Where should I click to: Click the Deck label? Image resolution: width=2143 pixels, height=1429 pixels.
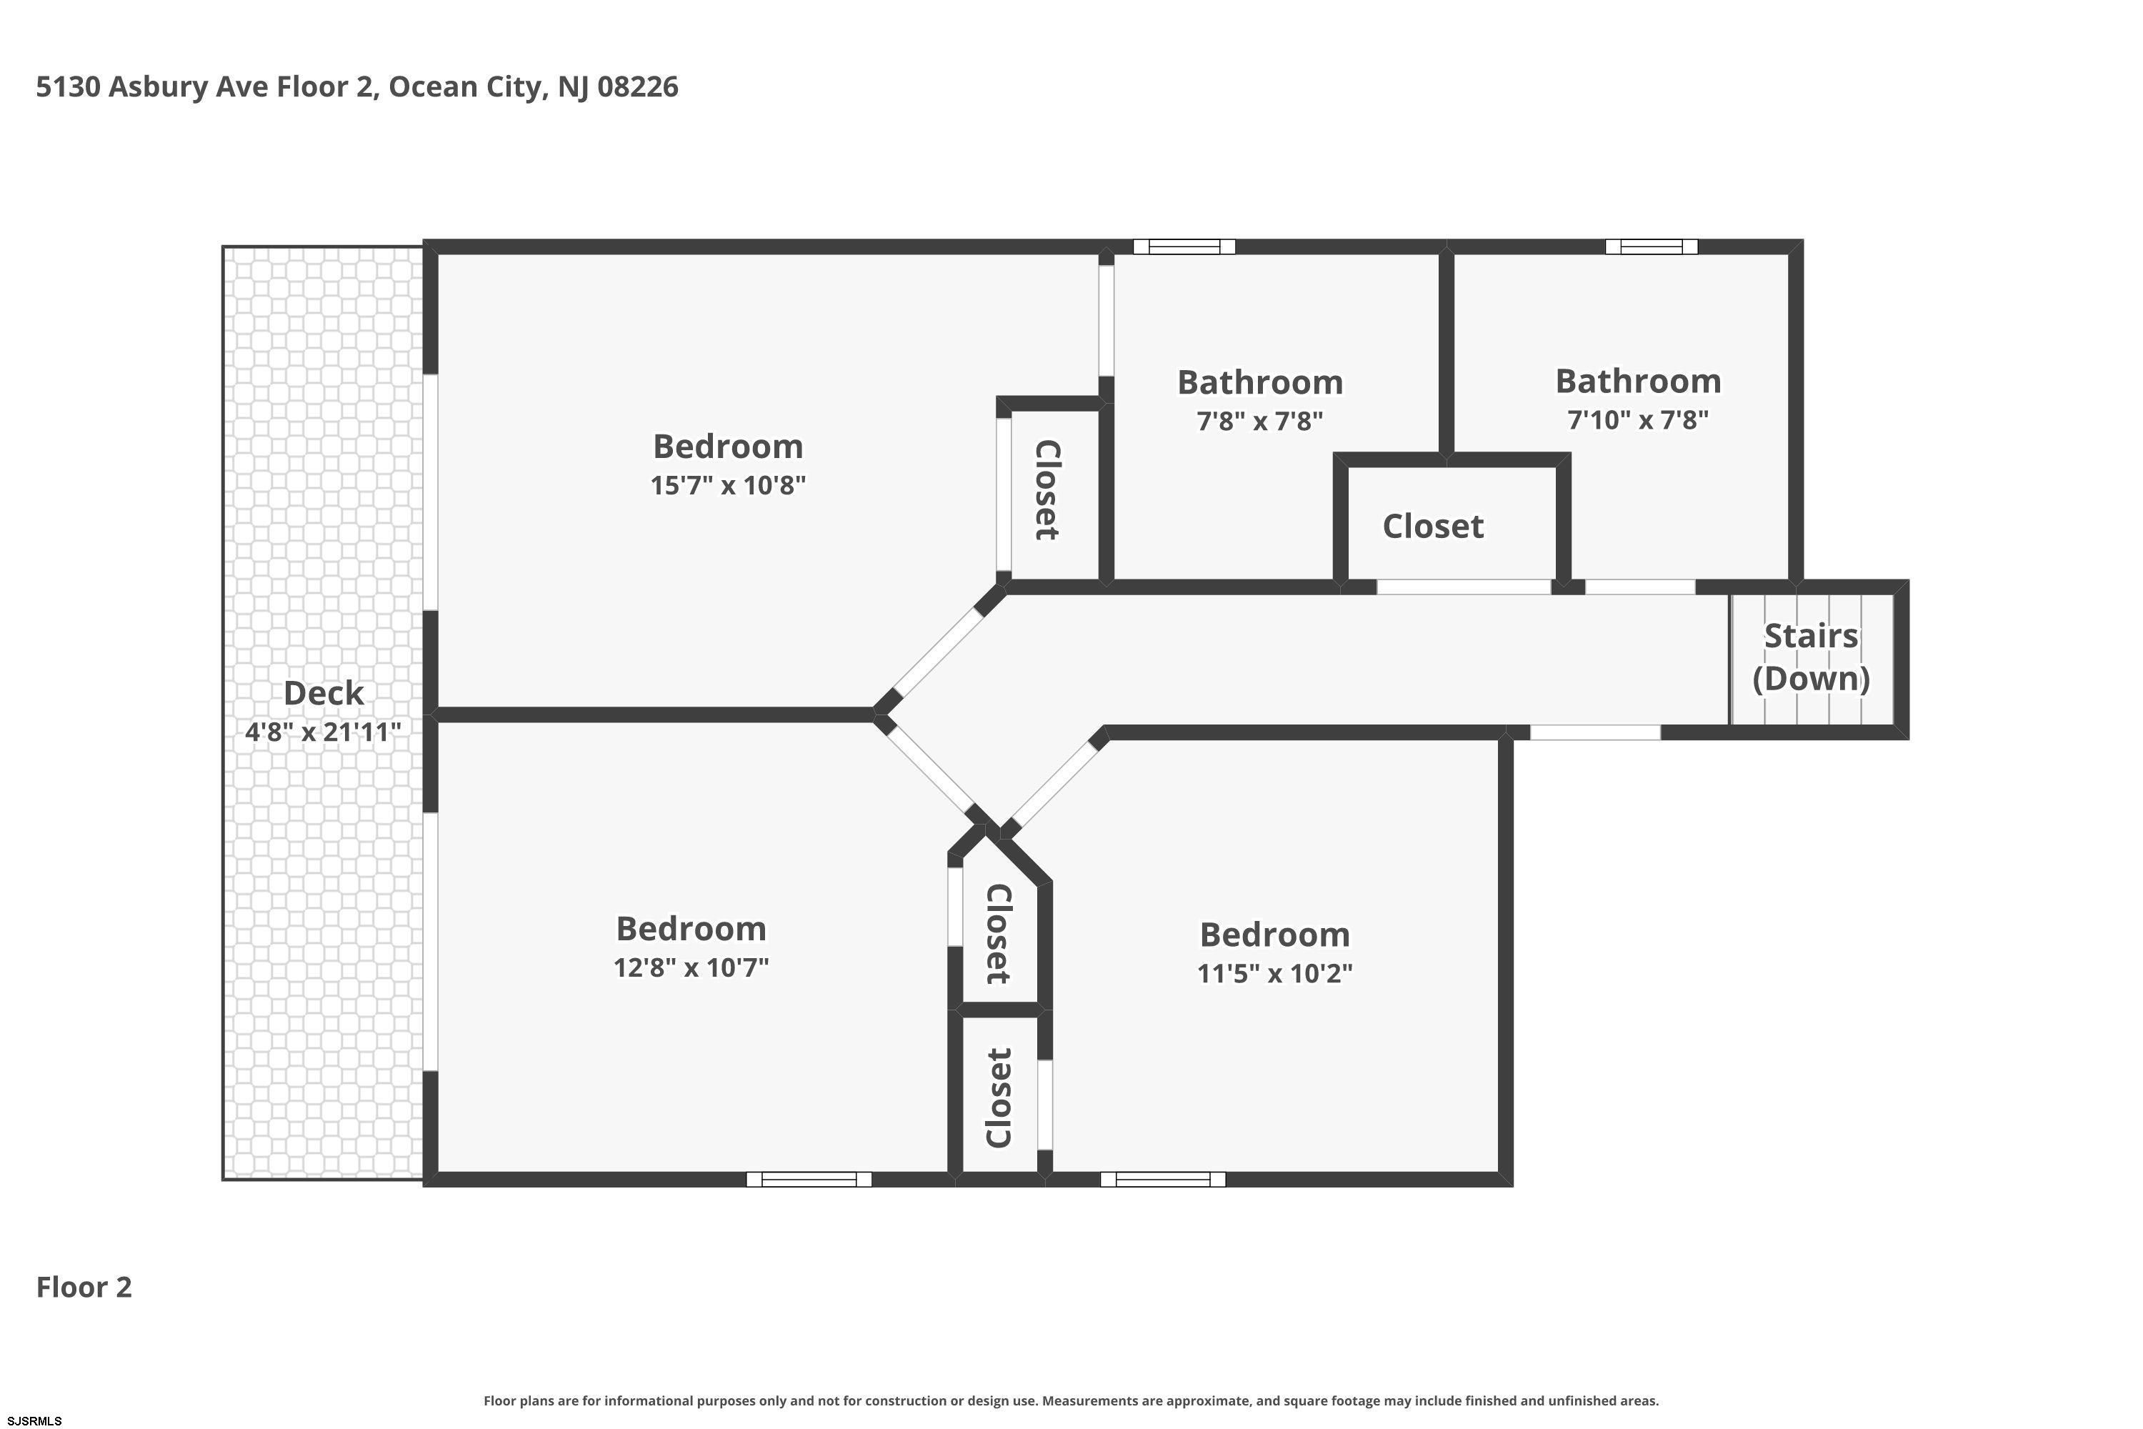coord(324,694)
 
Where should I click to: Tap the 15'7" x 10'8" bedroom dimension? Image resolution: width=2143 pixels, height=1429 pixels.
coord(728,485)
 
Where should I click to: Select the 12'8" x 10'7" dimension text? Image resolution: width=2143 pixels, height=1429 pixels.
coord(691,967)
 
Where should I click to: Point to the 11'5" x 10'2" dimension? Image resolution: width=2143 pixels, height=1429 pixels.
coord(1274,973)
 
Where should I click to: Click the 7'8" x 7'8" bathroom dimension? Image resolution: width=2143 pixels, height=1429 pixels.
coord(1259,421)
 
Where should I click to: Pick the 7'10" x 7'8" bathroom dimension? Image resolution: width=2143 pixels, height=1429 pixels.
coord(1637,420)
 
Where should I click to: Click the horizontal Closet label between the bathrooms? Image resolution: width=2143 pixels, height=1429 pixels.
coord(1432,527)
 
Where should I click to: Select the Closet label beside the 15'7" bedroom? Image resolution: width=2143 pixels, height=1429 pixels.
coord(1048,490)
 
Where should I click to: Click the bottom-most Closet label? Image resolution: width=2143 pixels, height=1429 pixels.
coord(999,1098)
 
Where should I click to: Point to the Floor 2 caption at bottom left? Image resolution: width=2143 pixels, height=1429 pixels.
coord(84,1288)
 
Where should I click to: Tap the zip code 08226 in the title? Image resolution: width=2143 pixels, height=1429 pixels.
coord(638,86)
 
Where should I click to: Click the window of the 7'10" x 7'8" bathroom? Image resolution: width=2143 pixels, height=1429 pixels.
coord(1651,246)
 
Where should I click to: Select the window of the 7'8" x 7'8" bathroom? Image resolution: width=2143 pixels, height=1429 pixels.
coord(1184,246)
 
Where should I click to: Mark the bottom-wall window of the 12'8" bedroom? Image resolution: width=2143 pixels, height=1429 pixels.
coord(809,1180)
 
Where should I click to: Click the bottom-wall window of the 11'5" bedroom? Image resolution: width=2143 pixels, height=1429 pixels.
coord(1163,1180)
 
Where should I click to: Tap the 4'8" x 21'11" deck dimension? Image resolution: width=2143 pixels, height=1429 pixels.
coord(324,732)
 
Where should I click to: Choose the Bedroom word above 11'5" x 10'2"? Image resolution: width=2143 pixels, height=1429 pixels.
coord(1274,935)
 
